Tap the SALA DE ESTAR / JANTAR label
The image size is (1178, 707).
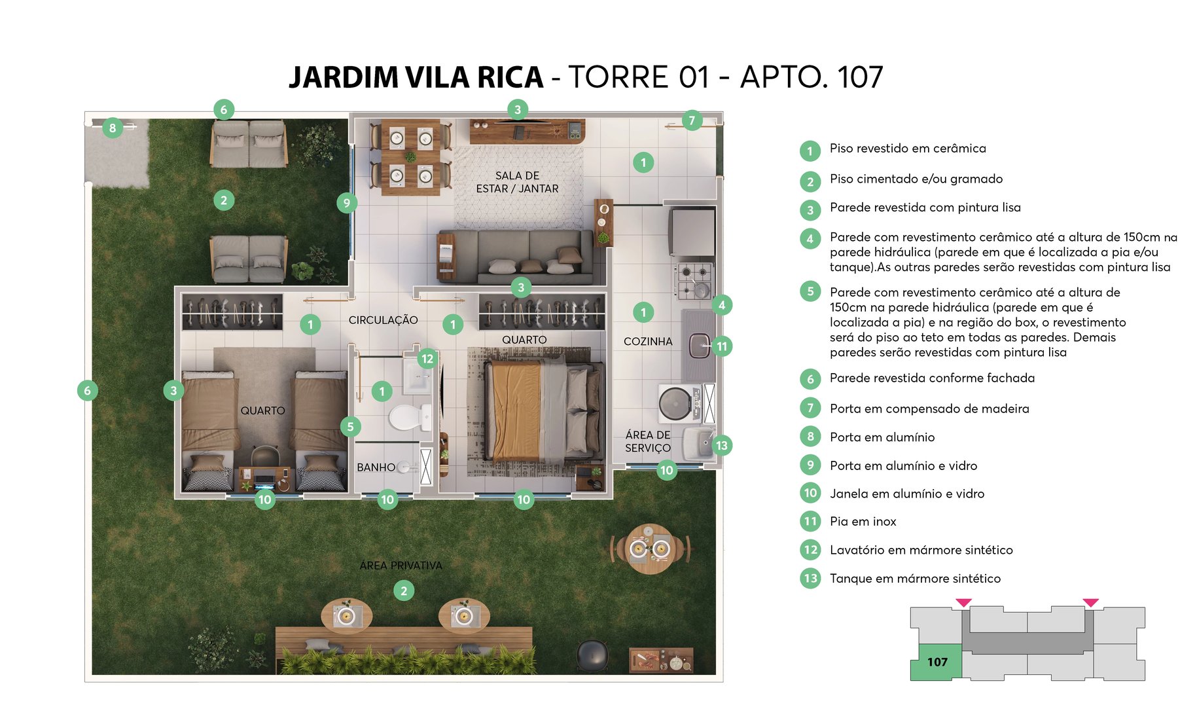[517, 182]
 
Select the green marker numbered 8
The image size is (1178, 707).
[113, 128]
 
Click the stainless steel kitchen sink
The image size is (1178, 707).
[699, 345]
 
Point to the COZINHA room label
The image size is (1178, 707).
[647, 341]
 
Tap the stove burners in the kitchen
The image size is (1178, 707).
[694, 280]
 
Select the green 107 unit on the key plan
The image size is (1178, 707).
[937, 662]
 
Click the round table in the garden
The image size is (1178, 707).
[649, 549]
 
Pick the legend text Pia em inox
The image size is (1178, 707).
[863, 522]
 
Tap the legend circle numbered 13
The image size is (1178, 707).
[810, 578]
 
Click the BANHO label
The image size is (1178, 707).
[376, 467]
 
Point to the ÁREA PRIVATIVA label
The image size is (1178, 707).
[401, 565]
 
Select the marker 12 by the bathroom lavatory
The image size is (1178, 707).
[427, 359]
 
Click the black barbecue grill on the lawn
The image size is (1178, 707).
[592, 655]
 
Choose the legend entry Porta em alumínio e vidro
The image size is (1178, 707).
[903, 465]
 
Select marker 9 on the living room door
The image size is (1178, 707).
[347, 203]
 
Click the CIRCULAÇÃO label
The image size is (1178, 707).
[383, 320]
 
